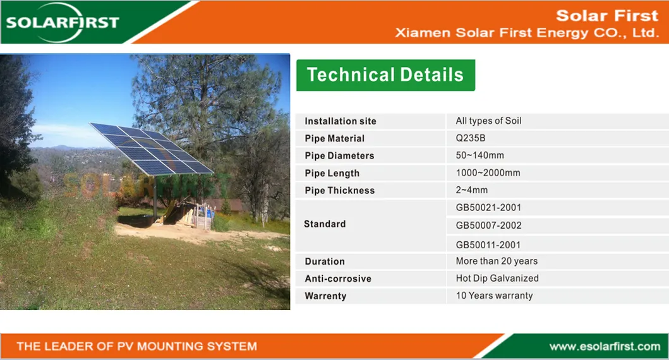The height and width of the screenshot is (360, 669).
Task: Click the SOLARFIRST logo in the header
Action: pos(62,22)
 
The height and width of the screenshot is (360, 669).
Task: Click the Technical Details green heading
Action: pos(385,75)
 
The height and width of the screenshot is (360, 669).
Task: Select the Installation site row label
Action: pos(340,121)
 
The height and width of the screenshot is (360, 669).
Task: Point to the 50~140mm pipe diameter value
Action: pos(479,155)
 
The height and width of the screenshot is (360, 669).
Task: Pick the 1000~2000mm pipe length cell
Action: pos(488,173)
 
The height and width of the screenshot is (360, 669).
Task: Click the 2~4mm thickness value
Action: pos(471,190)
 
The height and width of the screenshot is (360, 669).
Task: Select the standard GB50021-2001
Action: pos(488,207)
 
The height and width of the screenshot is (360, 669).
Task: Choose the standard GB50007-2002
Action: pos(488,225)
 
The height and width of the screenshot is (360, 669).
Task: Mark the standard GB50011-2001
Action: pos(488,244)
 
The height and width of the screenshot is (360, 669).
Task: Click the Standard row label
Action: pos(325,224)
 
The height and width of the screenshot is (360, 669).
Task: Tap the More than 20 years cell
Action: pos(497,261)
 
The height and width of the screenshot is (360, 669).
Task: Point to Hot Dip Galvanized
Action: pos(497,278)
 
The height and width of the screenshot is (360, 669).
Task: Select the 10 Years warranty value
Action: pos(494,296)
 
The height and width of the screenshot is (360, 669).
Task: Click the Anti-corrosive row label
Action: pos(338,279)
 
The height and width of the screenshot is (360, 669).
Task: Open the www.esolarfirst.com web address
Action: pos(604,346)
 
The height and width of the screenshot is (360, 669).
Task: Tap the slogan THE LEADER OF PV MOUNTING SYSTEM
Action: pos(136,346)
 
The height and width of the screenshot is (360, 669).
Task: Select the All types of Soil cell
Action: pos(488,121)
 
